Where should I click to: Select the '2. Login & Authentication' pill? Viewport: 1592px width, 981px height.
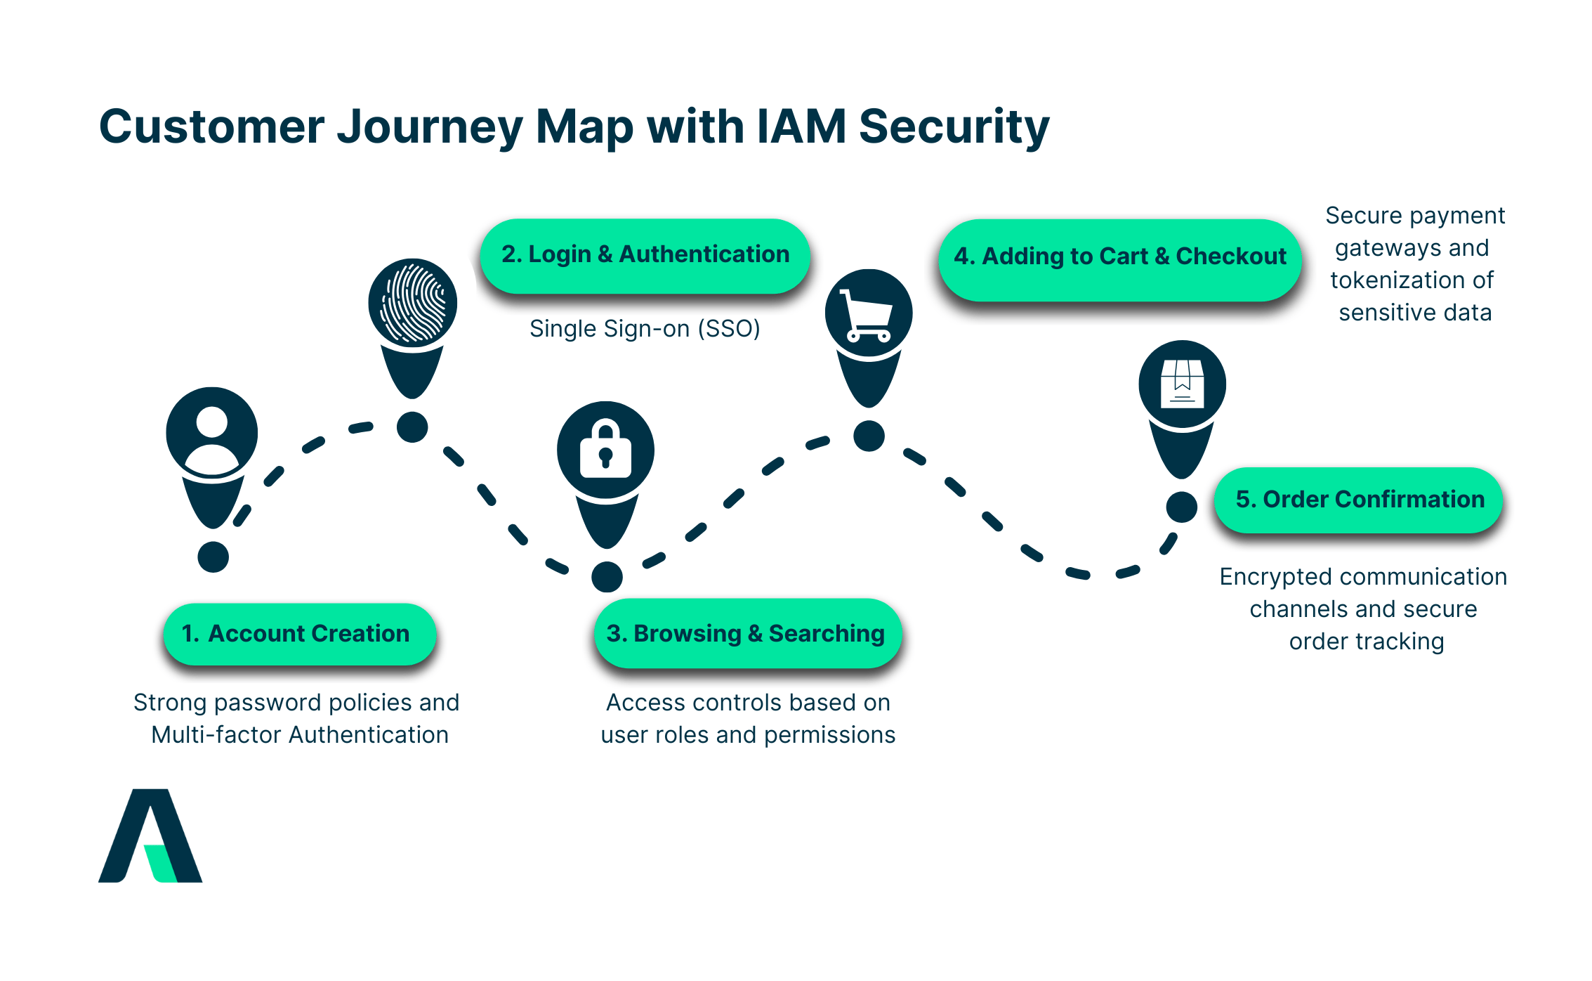pos(645,255)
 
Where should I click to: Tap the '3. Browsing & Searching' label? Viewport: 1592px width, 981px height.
pos(747,634)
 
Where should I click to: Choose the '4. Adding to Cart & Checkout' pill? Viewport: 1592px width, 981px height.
pos(1119,257)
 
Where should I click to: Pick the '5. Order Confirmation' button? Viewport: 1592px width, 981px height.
pos(1359,500)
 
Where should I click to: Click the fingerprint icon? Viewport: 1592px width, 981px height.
pos(413,303)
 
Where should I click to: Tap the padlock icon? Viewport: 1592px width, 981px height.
pos(605,450)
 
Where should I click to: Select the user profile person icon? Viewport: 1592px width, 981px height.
pos(212,434)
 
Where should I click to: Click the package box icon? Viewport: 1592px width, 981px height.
pos(1182,384)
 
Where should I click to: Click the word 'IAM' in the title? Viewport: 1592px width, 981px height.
pos(801,127)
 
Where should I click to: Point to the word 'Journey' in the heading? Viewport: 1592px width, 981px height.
pos(430,127)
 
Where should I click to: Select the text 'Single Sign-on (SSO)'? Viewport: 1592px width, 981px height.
pos(645,329)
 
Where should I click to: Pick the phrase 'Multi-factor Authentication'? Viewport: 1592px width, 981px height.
pos(300,735)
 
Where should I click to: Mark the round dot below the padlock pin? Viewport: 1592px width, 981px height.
pos(607,577)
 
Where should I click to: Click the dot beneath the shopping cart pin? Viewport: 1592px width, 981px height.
pos(869,436)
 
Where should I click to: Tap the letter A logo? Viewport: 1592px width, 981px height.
pos(150,836)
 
